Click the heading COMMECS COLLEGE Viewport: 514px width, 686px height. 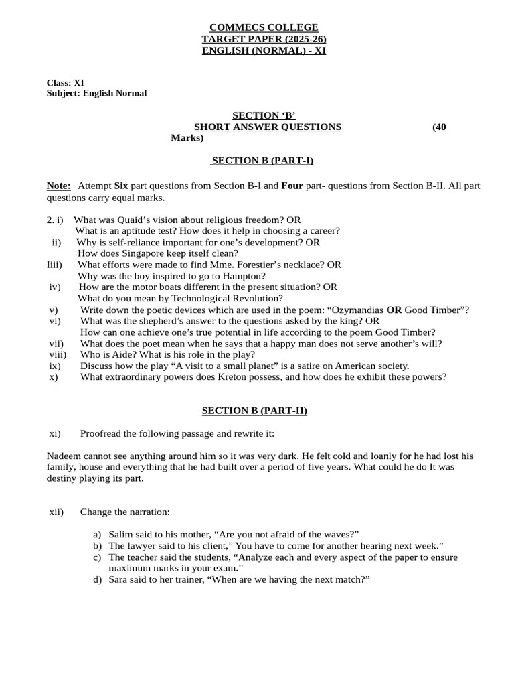(x=264, y=27)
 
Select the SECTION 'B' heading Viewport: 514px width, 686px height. (x=264, y=116)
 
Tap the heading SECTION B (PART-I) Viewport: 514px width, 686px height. (x=262, y=161)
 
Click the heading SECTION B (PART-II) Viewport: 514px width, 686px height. (x=255, y=411)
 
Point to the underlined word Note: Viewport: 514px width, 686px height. (x=59, y=186)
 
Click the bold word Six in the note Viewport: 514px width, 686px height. (x=121, y=186)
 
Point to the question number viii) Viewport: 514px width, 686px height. (x=58, y=354)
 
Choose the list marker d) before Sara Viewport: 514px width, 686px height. (x=98, y=579)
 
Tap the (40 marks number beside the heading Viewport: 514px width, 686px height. (x=439, y=127)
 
